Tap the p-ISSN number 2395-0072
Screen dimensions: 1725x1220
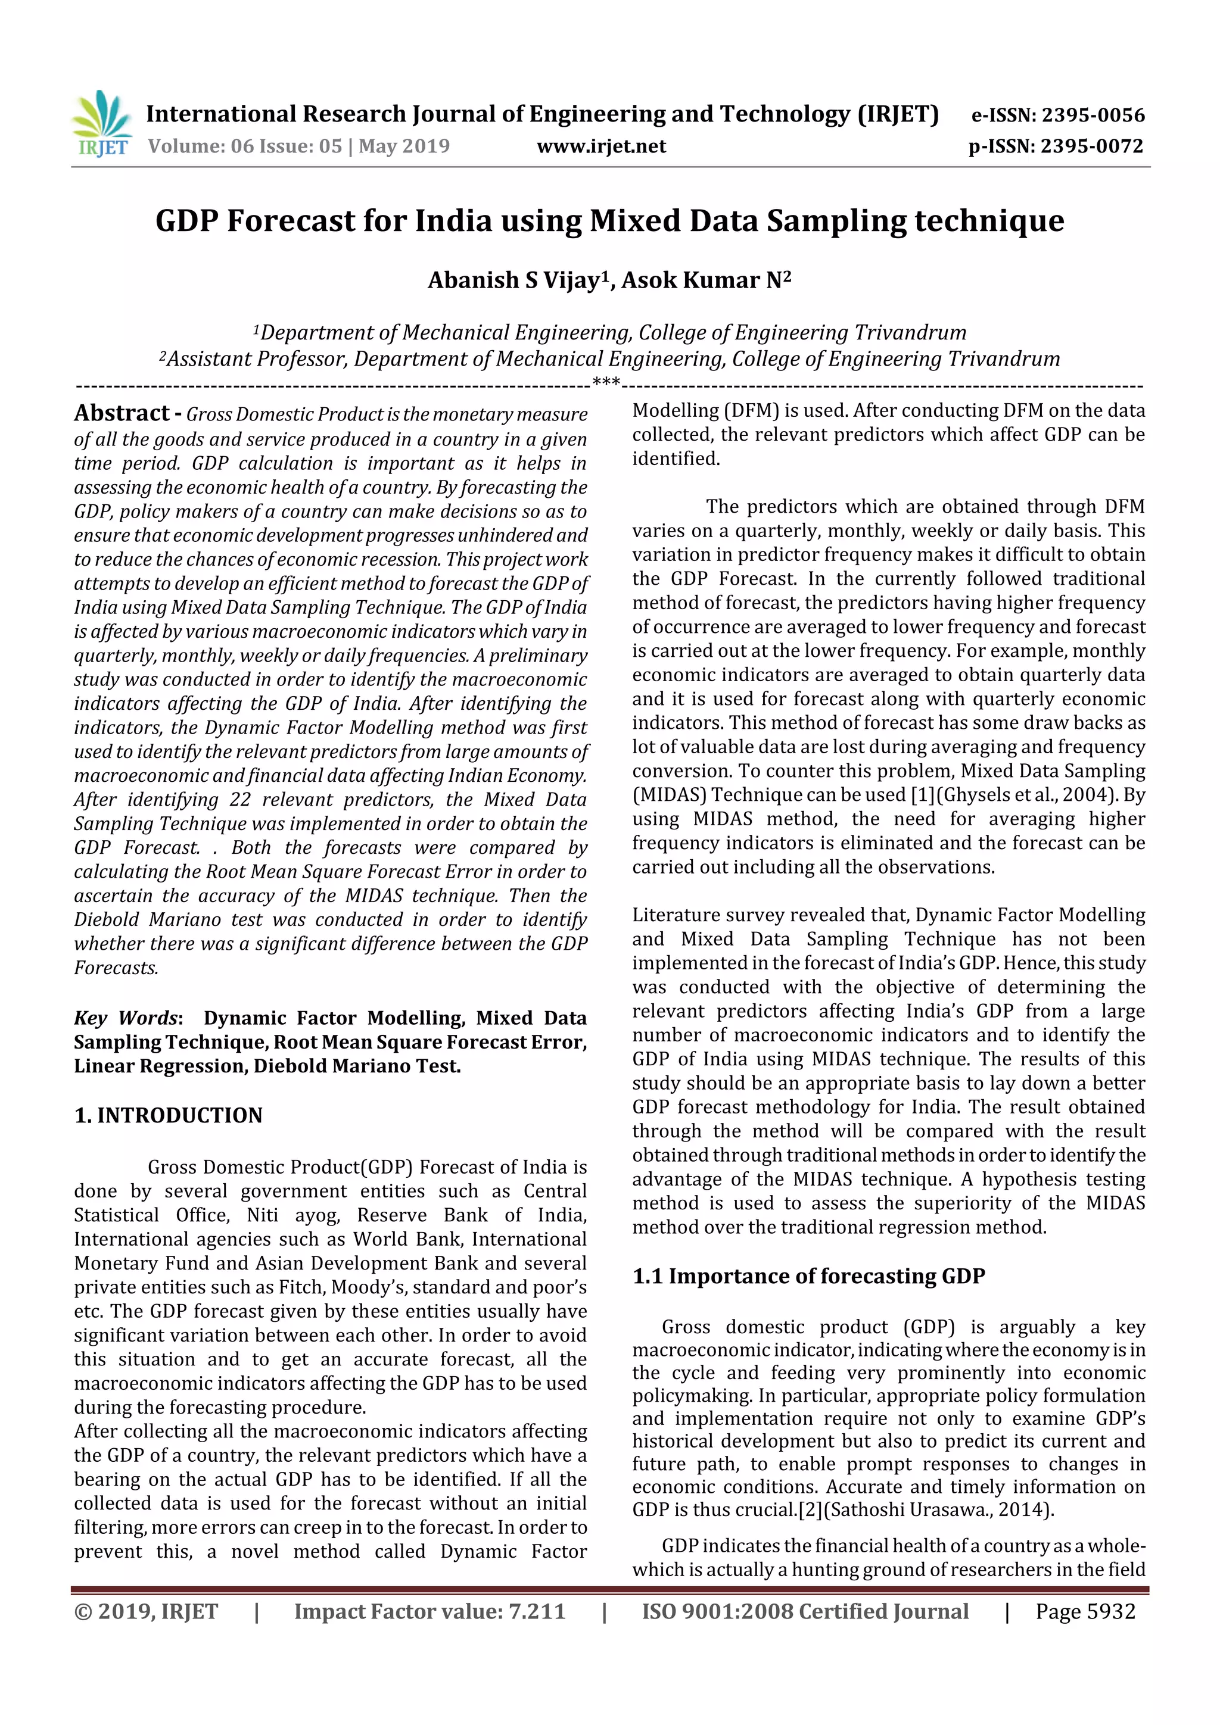click(1091, 146)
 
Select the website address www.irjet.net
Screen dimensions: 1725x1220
click(600, 146)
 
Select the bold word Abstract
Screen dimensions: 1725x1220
click(122, 413)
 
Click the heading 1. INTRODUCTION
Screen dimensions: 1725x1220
click(169, 1115)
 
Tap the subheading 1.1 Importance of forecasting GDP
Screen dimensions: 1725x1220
click(808, 1277)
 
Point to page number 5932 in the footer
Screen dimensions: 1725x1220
click(1109, 1611)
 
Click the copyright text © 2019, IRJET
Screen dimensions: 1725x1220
click(146, 1611)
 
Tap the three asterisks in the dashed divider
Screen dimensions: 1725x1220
click(606, 382)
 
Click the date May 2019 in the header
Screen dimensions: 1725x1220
click(404, 146)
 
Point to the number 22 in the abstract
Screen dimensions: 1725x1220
click(240, 800)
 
